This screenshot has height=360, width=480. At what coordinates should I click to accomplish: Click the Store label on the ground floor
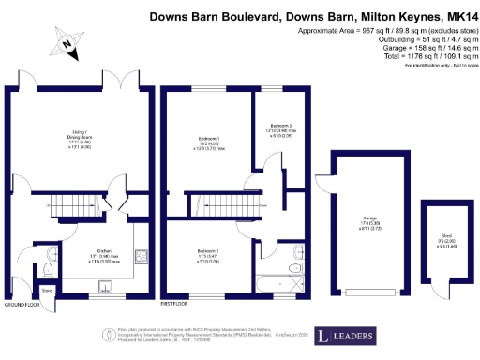47,291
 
